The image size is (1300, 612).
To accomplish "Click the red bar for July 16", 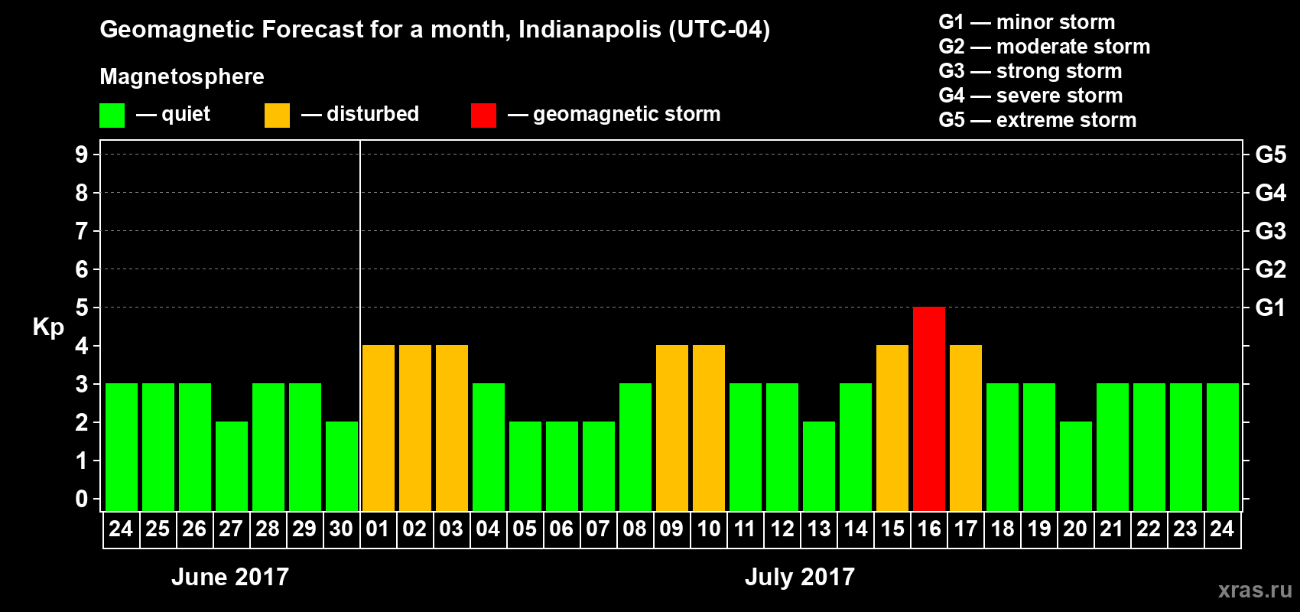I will point(929,409).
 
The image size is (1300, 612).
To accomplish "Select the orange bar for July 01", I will point(379,428).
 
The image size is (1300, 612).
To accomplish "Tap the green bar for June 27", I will point(232,466).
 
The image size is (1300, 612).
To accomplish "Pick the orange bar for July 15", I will point(892,428).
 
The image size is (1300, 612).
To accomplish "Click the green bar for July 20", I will point(1076,466).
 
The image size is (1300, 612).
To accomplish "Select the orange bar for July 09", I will point(672,428).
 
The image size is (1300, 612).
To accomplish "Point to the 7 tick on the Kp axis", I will point(82,231).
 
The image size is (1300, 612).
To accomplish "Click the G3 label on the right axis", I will point(1270,231).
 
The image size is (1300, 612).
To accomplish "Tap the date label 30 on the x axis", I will point(341,529).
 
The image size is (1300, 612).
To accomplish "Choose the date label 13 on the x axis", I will point(818,529).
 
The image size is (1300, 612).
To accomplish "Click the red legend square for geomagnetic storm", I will point(483,116).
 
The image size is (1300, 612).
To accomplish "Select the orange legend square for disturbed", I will point(277,116).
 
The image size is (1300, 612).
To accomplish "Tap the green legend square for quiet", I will point(112,116).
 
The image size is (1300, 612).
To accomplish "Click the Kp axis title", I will point(48,327).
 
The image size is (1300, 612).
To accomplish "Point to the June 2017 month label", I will point(230,577).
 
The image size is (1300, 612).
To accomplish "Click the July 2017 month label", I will point(800,577).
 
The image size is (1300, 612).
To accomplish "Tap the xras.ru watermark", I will point(1255,590).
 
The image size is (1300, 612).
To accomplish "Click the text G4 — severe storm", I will point(1030,96).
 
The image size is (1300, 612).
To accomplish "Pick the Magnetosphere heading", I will point(182,76).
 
